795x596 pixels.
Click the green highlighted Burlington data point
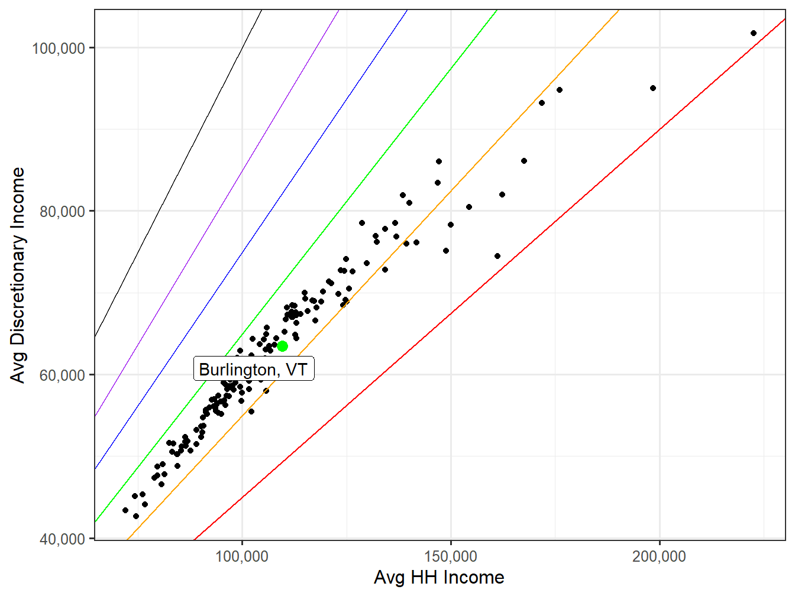(282, 346)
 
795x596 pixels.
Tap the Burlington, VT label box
(254, 369)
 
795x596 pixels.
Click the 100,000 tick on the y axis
(59, 48)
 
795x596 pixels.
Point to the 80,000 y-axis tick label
(63, 211)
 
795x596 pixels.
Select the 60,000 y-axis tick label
(63, 375)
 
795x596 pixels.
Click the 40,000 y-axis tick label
(63, 539)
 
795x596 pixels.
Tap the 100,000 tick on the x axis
(243, 556)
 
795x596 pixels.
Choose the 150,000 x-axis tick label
(451, 556)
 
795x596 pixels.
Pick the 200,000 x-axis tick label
(659, 556)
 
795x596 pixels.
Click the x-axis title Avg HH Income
(439, 578)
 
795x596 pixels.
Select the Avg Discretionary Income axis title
(18, 275)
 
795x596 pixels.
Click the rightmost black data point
(753, 33)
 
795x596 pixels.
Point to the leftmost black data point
(125, 510)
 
